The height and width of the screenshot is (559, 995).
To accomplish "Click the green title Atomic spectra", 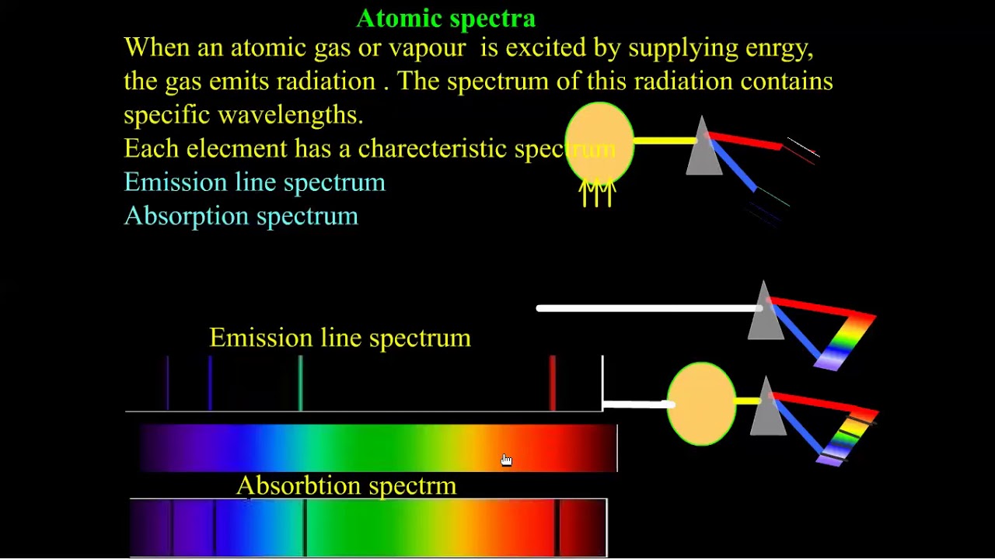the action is [x=445, y=18].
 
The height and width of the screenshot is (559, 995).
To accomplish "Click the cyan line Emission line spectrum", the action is [x=254, y=182].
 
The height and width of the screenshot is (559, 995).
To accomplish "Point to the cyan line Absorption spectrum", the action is [x=241, y=216].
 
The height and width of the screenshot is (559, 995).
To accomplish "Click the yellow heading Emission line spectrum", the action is [x=340, y=338].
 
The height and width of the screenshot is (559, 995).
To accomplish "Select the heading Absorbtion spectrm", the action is [x=346, y=486].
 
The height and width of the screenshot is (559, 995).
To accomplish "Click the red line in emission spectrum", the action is [x=553, y=383].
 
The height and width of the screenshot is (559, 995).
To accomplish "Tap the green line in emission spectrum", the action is [x=301, y=383].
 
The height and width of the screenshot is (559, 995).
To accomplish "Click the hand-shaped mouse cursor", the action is [x=506, y=460].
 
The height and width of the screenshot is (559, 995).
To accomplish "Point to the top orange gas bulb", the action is [x=599, y=144].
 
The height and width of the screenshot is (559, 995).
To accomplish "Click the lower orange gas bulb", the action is [x=701, y=404].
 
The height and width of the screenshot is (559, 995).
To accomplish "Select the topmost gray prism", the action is [x=703, y=148].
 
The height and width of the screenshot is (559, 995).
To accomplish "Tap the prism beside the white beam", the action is [x=765, y=314].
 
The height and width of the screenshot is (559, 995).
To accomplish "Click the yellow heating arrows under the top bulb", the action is [x=597, y=193].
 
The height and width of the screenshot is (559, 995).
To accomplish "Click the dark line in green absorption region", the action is [x=305, y=528].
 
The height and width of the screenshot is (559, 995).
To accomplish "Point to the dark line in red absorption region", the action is [x=557, y=528].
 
